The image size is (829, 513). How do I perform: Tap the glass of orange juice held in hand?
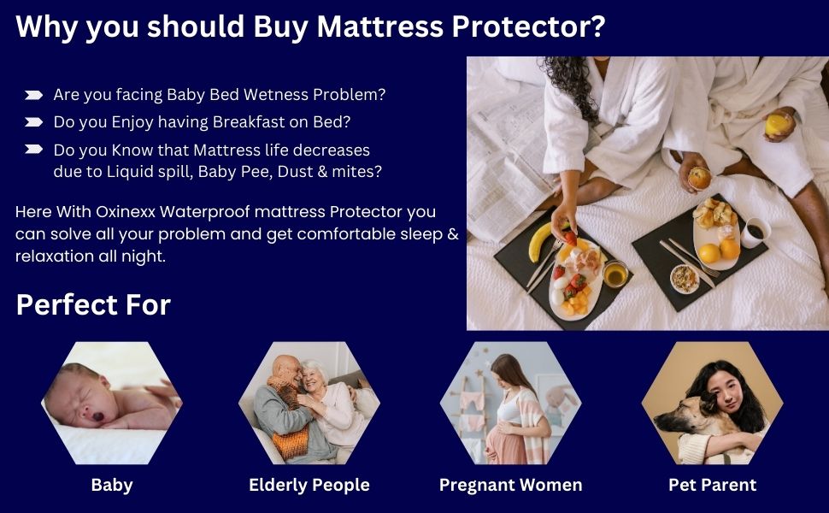(x=776, y=124)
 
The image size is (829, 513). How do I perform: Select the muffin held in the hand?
(x=699, y=177)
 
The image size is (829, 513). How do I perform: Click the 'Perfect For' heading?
(x=93, y=304)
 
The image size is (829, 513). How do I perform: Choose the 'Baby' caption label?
(x=112, y=485)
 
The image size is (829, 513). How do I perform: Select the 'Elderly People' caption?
(x=309, y=485)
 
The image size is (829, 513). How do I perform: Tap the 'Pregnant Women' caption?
(x=510, y=485)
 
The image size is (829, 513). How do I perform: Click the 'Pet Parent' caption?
(x=712, y=485)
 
